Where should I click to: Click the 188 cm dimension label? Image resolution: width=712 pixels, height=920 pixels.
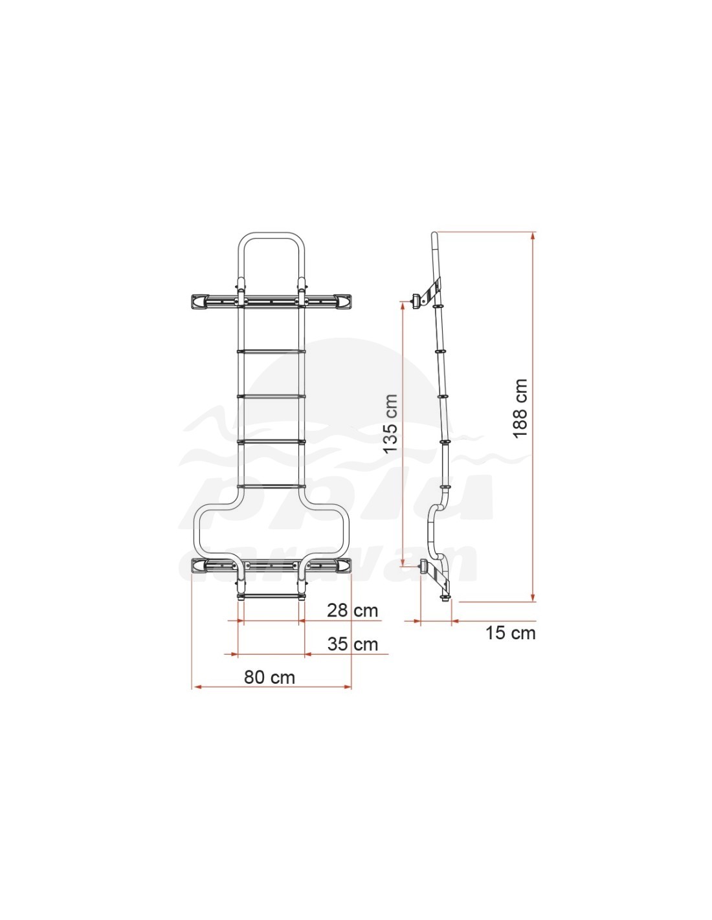click(x=519, y=408)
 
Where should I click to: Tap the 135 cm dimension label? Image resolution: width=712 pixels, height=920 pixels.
click(x=390, y=424)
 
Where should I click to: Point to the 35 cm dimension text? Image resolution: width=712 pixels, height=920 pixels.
click(x=352, y=644)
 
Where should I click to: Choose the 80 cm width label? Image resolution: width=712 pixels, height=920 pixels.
click(x=269, y=677)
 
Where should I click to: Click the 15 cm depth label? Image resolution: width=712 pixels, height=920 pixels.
click(x=511, y=633)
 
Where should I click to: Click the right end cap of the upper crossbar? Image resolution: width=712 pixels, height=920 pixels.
click(x=344, y=301)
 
